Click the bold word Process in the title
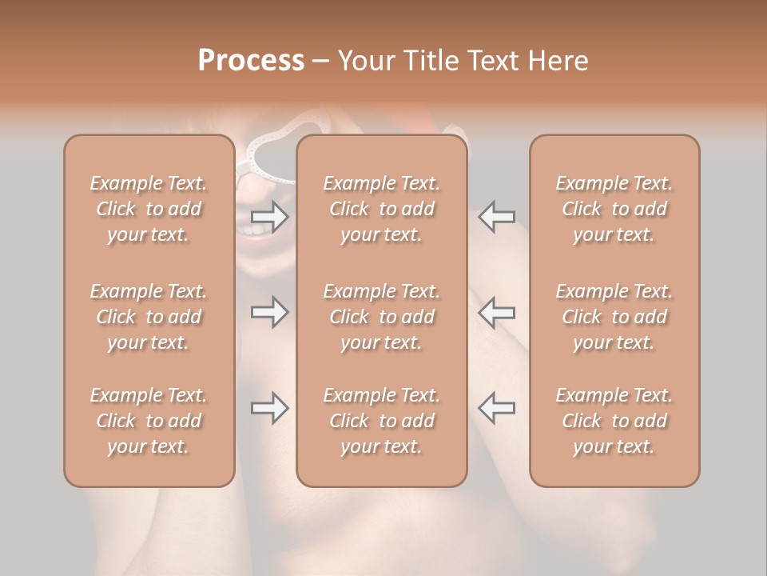coord(251,61)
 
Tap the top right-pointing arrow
coord(270,217)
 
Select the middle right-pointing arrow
coord(270,312)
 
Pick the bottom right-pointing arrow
coord(270,408)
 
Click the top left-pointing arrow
coord(496,217)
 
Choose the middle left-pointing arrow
coord(496,312)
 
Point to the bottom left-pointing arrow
coord(496,408)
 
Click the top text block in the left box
coord(149,209)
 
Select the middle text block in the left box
coord(149,317)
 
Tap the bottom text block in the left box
coord(149,421)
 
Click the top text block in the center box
coord(381,209)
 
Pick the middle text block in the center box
coord(381,317)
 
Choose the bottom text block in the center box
coord(381,421)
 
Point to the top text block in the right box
coord(614,209)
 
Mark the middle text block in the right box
coord(614,317)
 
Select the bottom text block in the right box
coord(614,421)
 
